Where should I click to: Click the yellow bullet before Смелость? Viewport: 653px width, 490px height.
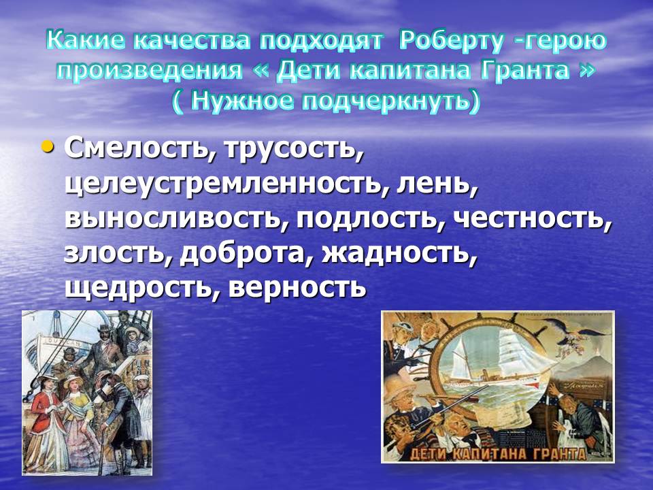coord(48,147)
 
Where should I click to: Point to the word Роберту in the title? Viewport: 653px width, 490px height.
coord(451,42)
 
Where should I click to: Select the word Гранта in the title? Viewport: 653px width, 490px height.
coord(525,70)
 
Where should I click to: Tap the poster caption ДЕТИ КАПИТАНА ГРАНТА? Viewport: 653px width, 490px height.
coord(498,453)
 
